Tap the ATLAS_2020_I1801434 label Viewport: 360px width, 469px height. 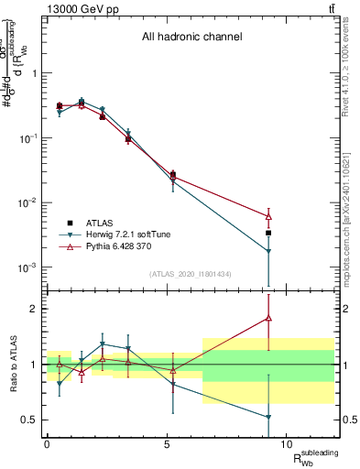pos(191,275)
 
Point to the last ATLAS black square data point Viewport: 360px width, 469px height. pos(268,234)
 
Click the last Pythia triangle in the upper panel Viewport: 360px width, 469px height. pos(268,216)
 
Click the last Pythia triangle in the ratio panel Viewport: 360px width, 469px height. pos(268,318)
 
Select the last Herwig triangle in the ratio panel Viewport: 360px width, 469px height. pos(268,418)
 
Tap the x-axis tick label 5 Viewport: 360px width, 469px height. pos(167,442)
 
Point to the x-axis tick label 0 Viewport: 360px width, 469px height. pos(47,442)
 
